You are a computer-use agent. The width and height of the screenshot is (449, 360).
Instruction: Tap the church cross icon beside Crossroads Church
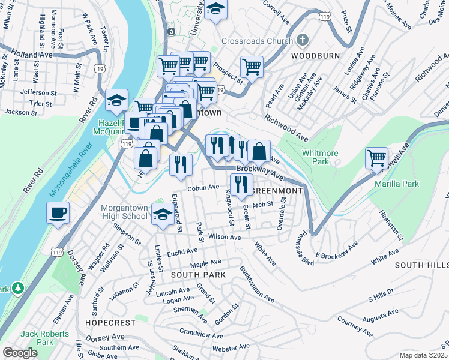tap(302, 41)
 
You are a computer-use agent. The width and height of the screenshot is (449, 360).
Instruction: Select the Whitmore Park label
tap(320, 157)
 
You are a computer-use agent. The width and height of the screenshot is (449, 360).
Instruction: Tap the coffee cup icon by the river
tap(58, 212)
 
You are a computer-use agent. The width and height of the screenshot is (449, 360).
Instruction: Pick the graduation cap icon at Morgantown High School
tap(162, 214)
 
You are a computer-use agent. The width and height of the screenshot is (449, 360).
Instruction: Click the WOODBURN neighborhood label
tap(316, 56)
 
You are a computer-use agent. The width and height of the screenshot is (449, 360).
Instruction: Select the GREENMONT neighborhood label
tap(277, 191)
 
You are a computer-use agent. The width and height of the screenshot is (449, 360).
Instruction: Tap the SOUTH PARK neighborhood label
tap(198, 275)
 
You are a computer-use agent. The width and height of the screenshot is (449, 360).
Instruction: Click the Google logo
tap(20, 353)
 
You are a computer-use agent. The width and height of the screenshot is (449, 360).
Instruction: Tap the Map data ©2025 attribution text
tap(424, 355)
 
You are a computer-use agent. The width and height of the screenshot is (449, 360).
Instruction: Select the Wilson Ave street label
tap(224, 238)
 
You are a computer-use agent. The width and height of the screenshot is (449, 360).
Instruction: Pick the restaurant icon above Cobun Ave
tap(181, 164)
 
